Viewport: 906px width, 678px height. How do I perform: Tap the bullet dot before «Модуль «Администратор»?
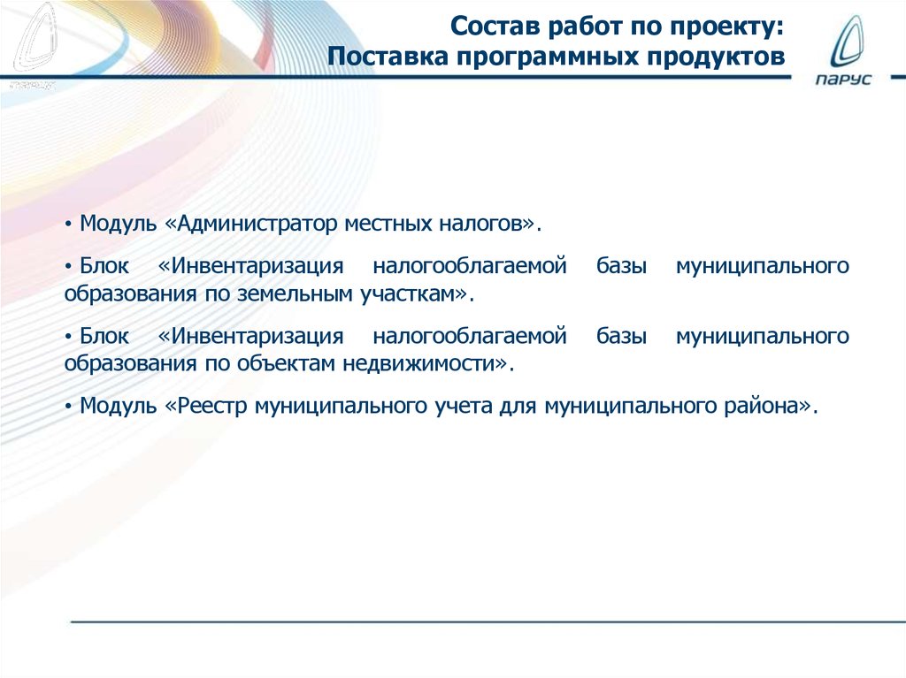pos(68,224)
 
